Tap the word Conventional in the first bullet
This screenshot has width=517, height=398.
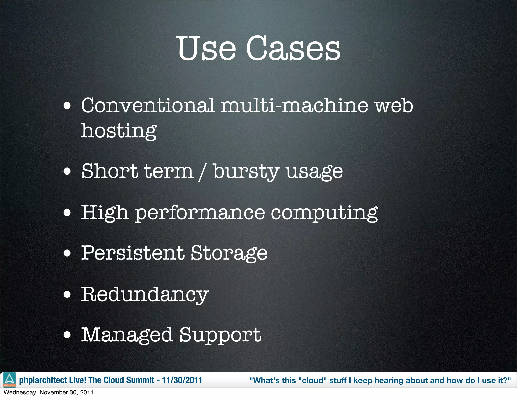point(148,105)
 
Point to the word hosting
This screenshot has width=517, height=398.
point(119,131)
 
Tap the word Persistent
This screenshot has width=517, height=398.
point(133,253)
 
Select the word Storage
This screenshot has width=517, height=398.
point(229,254)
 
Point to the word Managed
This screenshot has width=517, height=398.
point(127,335)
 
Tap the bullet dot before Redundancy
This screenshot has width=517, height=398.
point(67,294)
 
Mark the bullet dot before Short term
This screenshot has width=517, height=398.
point(67,172)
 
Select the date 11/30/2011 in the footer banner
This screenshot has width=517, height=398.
point(182,380)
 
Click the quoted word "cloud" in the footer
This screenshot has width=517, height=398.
point(313,380)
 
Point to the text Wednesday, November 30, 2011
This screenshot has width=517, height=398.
point(48,392)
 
